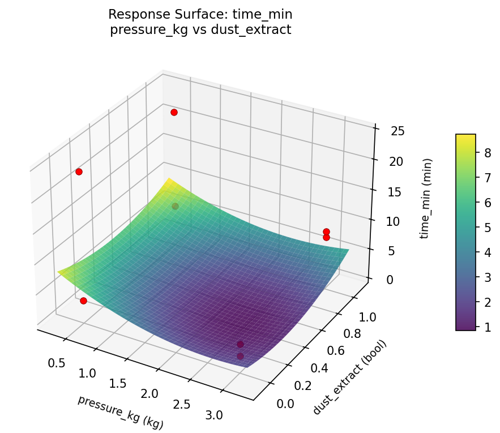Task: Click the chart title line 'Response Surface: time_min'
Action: click(x=200, y=14)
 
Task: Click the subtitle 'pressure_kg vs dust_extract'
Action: click(x=200, y=30)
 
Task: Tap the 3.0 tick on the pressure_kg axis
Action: click(x=214, y=415)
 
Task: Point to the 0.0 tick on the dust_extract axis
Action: click(x=285, y=403)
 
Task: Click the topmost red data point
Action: click(x=174, y=112)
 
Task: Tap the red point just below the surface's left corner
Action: click(x=83, y=301)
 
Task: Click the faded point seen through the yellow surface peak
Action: click(x=175, y=206)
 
